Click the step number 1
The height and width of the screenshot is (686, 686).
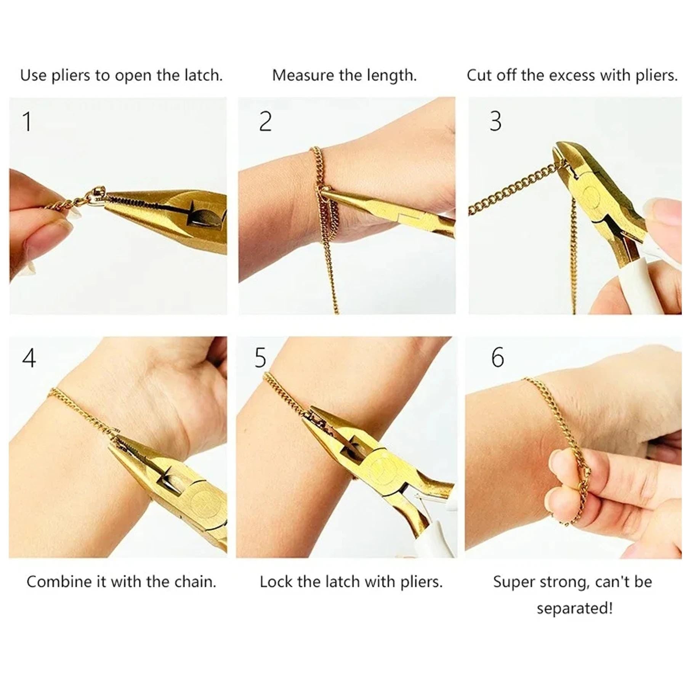pos(27,122)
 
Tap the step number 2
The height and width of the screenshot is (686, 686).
pos(265,122)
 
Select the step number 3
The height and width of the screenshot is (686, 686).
pos(495,122)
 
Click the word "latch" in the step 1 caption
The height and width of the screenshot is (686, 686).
pos(203,75)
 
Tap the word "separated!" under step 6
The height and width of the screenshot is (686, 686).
pos(575,609)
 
